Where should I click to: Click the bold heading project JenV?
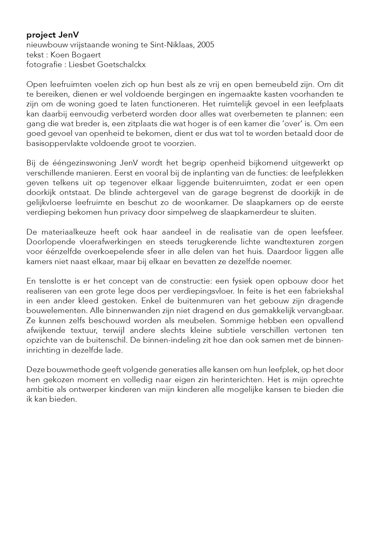click(x=53, y=35)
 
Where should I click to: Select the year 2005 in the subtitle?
click(x=206, y=45)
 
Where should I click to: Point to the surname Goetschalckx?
click(x=120, y=64)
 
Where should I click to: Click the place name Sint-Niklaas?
click(x=174, y=45)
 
